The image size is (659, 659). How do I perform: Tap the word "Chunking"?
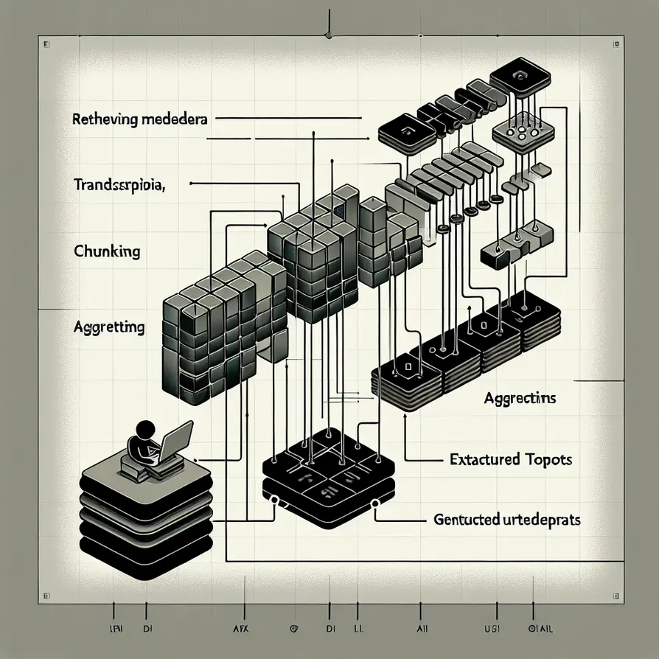[107, 251]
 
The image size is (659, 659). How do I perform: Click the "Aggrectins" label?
[520, 399]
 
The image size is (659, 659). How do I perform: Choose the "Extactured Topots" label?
[511, 459]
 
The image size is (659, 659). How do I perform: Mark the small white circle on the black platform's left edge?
[274, 501]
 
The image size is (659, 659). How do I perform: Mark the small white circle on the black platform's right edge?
[375, 504]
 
